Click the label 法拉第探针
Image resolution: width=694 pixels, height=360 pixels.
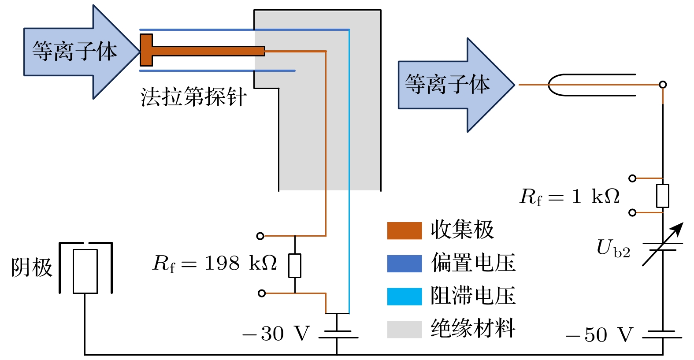coord(193,97)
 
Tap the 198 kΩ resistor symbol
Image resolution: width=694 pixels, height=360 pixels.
coord(295,266)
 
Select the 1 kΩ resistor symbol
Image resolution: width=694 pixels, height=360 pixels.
coord(663,196)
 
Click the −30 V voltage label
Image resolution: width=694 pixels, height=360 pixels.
coord(277,334)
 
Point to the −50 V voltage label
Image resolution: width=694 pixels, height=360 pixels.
coord(600,335)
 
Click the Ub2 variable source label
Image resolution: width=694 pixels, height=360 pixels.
coord(613,249)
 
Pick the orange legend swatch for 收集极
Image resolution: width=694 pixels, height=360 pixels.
coord(404,230)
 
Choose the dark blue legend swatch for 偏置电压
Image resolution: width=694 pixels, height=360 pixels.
coord(404,263)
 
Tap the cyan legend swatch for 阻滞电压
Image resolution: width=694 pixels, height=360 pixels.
coord(404,296)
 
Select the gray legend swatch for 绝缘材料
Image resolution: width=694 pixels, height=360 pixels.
coord(404,329)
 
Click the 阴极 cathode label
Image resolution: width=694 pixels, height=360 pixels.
coord(32,267)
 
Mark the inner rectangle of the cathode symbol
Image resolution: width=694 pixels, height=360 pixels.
coord(85,271)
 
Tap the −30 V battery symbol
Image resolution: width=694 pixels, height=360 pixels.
coord(338,334)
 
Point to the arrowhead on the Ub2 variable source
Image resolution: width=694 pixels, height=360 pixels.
coord(678,228)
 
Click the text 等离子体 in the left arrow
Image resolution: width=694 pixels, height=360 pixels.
coord(74,51)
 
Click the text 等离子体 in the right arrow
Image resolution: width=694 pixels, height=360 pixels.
coord(447,84)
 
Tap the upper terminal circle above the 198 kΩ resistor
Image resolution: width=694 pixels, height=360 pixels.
coord(260,236)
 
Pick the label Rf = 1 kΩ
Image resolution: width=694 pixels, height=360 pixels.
coord(570,197)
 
